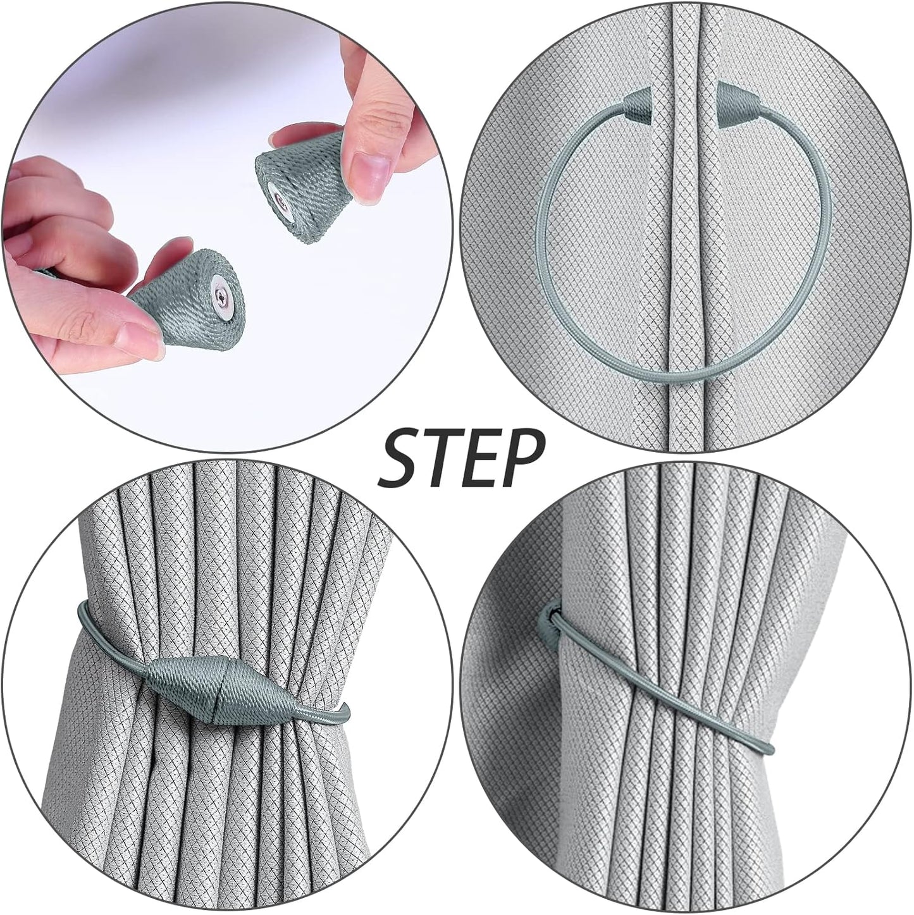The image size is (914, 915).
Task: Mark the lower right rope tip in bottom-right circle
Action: [767, 749]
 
